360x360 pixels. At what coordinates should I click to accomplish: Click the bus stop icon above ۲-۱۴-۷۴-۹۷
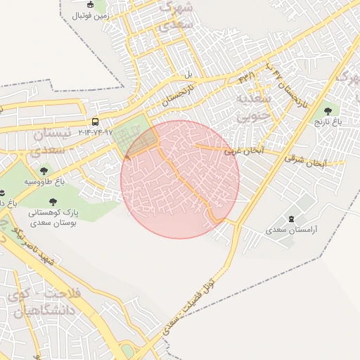[95, 121]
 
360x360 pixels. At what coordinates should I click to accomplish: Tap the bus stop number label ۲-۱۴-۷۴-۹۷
[95, 131]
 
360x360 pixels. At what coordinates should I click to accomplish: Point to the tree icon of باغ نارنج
[327, 110]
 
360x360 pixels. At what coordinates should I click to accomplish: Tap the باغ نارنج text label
[327, 122]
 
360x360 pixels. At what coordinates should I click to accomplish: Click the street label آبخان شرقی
[306, 161]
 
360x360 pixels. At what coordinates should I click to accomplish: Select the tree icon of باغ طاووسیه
[44, 170]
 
